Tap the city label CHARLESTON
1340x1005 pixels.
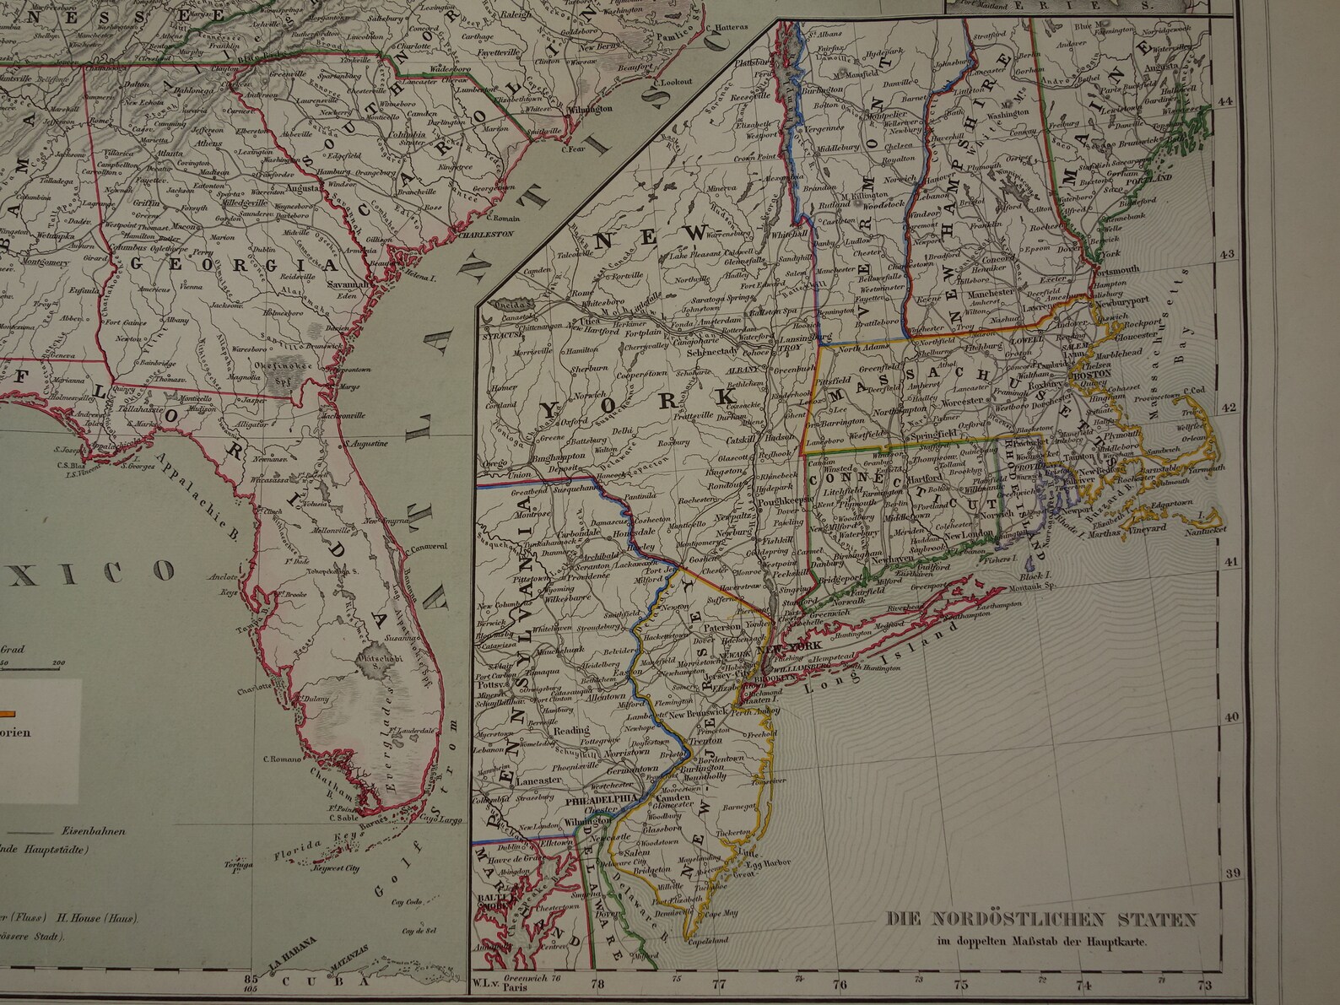click(x=484, y=236)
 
